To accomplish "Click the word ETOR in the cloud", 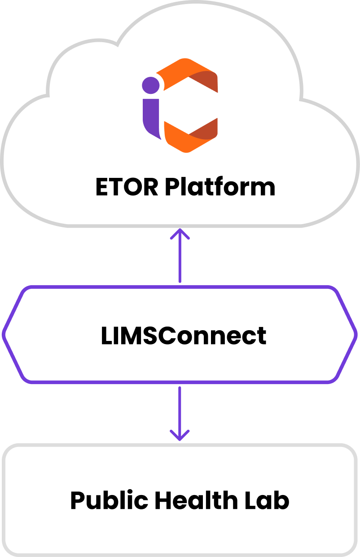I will [127, 187].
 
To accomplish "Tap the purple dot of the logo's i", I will [151, 84].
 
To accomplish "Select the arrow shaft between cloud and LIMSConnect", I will [180, 261].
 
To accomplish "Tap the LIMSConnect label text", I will [184, 336].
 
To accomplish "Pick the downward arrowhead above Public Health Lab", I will [180, 436].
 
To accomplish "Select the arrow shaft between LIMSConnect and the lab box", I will [180, 409].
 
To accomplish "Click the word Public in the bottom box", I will [107, 500].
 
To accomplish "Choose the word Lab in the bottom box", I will [270, 500].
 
